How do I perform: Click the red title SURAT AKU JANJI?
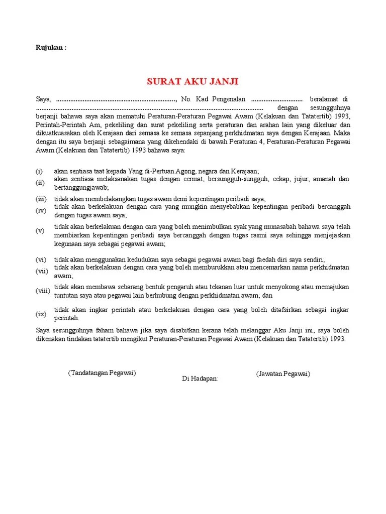(x=192, y=81)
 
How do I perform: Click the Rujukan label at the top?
(x=51, y=48)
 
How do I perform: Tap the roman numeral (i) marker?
(x=39, y=171)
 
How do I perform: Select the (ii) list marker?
(x=40, y=183)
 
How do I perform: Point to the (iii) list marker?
(x=41, y=199)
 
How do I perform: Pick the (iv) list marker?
(x=41, y=210)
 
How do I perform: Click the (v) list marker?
(x=40, y=231)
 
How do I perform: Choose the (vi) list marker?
(x=41, y=260)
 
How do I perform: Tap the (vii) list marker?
(x=41, y=271)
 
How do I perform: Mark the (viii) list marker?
(x=42, y=291)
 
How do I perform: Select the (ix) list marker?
(x=41, y=314)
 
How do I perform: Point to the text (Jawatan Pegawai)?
(x=283, y=374)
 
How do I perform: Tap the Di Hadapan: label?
(x=200, y=378)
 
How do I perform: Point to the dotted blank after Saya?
(x=116, y=99)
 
